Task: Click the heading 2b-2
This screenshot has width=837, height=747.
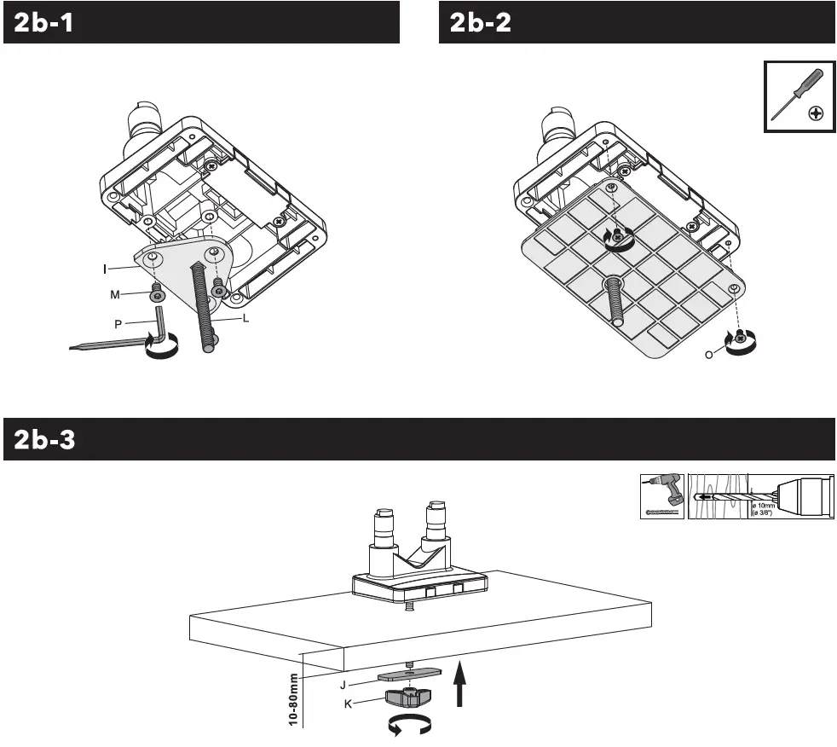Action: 481,22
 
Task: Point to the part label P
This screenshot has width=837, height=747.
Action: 118,323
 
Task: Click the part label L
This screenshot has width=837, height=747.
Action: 245,317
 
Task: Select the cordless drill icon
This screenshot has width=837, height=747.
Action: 661,497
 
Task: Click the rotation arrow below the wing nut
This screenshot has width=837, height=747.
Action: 410,725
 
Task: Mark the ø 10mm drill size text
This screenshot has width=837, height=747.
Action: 765,508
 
